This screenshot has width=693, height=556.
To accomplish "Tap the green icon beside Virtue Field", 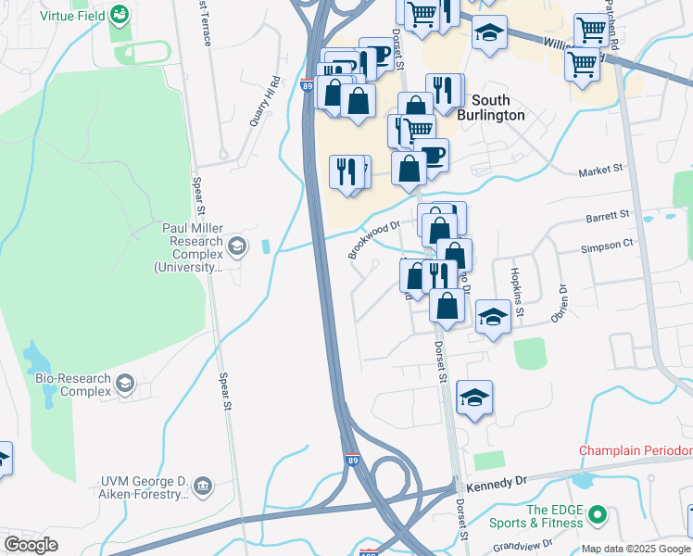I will (x=120, y=15).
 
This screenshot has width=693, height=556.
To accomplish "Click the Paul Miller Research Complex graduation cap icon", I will (x=238, y=246).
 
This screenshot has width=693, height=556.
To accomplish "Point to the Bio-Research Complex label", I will (x=72, y=385).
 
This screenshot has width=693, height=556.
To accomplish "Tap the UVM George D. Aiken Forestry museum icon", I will (x=204, y=485).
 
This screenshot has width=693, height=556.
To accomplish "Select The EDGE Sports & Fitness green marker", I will (x=598, y=513).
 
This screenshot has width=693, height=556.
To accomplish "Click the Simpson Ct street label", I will (x=607, y=244).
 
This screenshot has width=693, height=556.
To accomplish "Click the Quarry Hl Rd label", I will (x=264, y=101).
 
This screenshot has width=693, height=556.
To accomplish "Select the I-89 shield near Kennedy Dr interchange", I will (x=352, y=460).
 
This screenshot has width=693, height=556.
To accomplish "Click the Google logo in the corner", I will (x=31, y=545).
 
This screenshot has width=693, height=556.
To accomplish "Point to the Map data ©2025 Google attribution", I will (x=636, y=549).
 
